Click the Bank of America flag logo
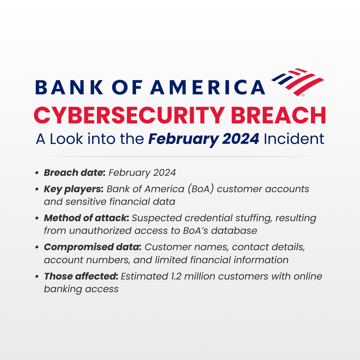click(x=298, y=82)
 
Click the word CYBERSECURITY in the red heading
click(x=129, y=115)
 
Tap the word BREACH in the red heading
click(x=278, y=115)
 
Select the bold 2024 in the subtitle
click(x=241, y=139)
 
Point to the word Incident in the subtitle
click(x=294, y=139)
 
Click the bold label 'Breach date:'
click(x=75, y=173)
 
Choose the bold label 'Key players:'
click(x=74, y=189)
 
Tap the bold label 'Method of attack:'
click(x=87, y=218)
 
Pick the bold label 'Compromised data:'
click(x=93, y=247)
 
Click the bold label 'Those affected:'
click(x=81, y=276)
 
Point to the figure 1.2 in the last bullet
click(x=176, y=276)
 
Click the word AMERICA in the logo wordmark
click(x=208, y=87)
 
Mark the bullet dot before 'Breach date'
click(x=37, y=173)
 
